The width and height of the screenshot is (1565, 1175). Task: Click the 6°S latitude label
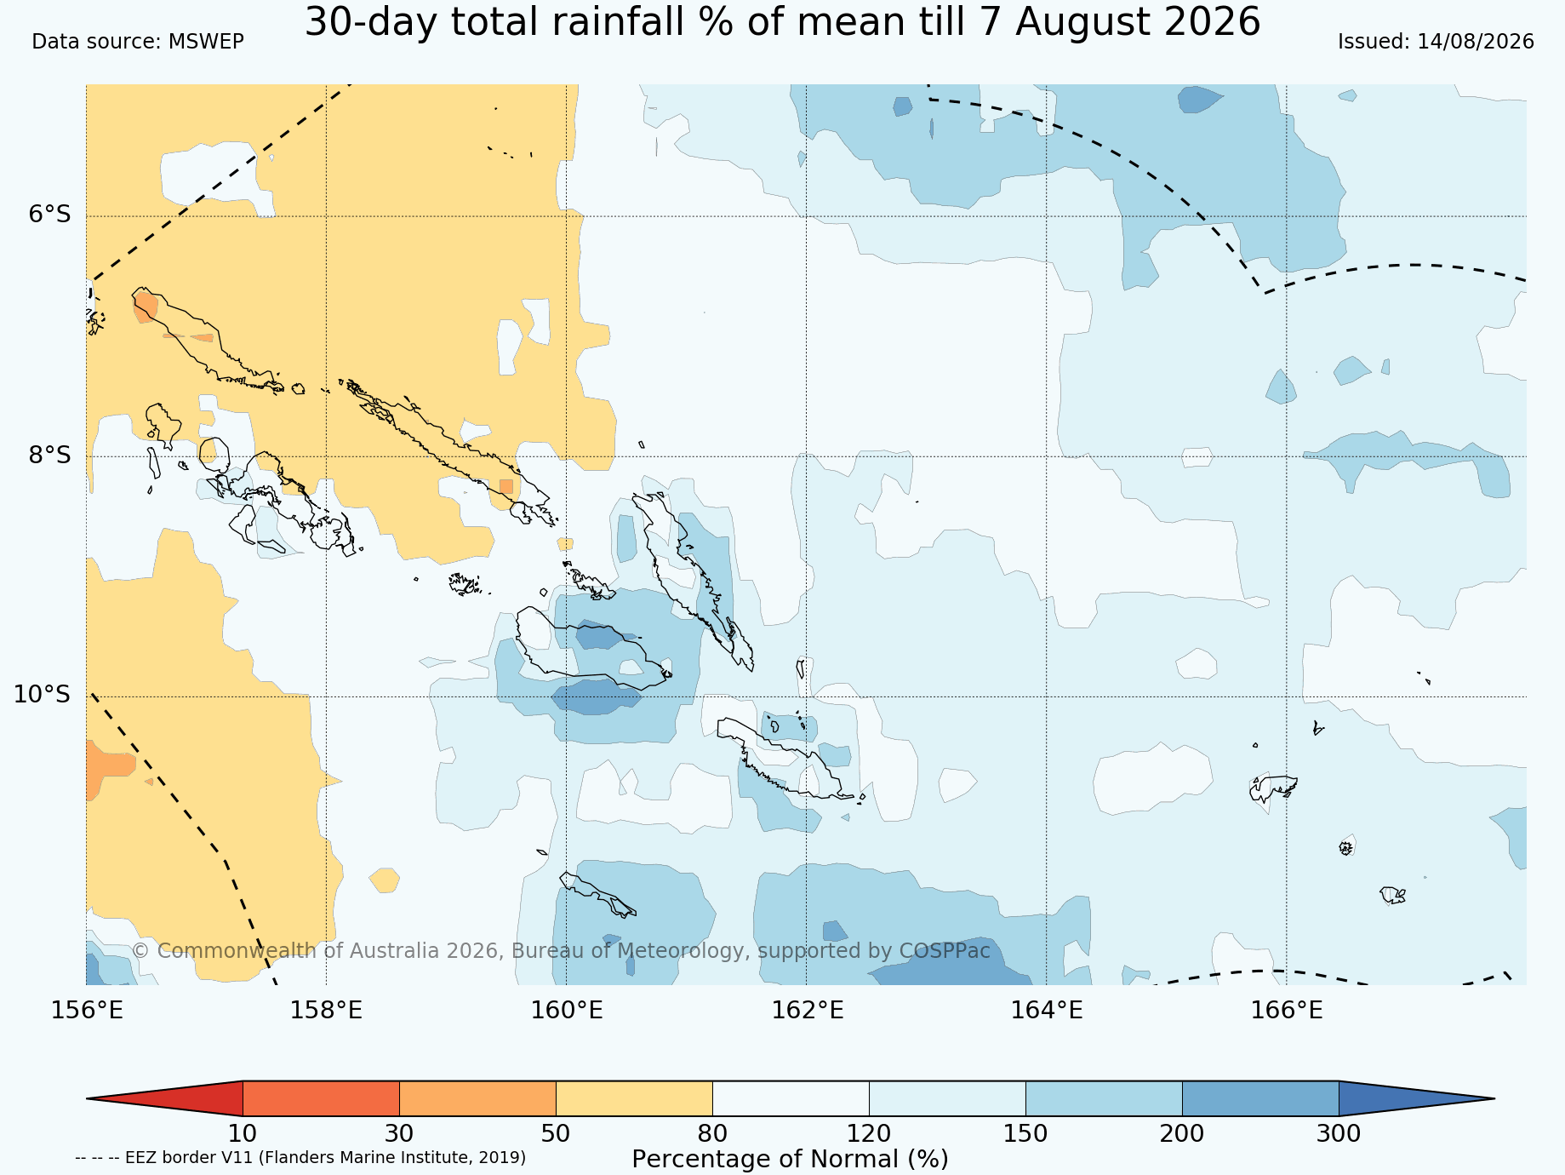(50, 215)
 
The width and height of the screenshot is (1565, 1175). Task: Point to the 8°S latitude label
(50, 455)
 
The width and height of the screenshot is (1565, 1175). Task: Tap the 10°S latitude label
(43, 695)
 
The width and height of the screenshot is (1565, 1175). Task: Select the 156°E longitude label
(87, 1011)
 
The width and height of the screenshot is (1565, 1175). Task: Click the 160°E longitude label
(567, 1011)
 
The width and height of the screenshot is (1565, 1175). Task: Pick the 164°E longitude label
(1047, 1011)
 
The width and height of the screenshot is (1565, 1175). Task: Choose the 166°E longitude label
(1287, 1011)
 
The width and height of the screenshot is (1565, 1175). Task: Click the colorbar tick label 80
(712, 1134)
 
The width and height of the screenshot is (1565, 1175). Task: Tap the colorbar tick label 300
(1339, 1134)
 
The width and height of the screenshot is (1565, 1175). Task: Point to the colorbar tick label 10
(243, 1134)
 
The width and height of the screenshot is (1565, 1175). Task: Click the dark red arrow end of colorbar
(164, 1098)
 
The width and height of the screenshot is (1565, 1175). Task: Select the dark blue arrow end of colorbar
(1417, 1098)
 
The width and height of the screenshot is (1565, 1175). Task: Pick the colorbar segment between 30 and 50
(477, 1098)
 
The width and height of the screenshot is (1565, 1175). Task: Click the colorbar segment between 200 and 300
(1260, 1098)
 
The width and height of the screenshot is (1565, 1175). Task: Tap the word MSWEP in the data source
(206, 42)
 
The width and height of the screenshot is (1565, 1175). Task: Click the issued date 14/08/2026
(1475, 42)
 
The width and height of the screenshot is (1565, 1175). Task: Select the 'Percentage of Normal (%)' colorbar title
(790, 1159)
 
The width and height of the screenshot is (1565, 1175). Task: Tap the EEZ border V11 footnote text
(300, 1158)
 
